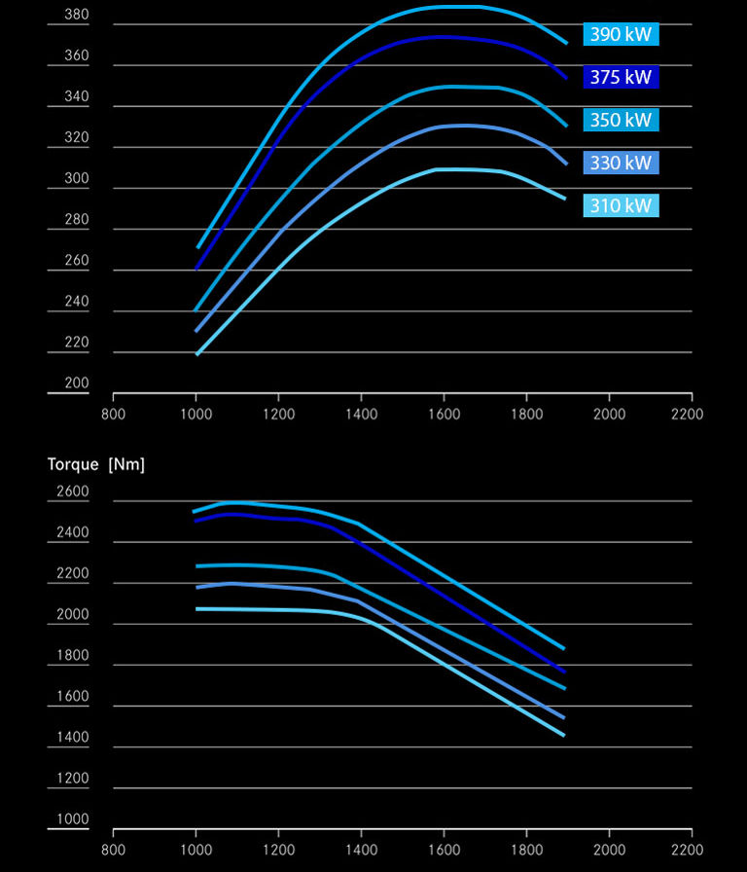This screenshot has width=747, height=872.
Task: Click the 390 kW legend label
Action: [621, 34]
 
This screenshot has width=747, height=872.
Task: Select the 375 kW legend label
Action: [621, 77]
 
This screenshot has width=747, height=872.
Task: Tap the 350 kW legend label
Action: [621, 120]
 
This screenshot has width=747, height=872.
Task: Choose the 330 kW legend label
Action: [621, 163]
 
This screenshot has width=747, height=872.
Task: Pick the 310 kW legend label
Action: [621, 205]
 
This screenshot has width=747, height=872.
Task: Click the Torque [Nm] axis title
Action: [96, 464]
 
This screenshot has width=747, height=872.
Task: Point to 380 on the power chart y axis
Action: [76, 15]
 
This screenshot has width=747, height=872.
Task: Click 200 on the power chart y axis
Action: [76, 383]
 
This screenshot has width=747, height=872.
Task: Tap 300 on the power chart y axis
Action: [76, 179]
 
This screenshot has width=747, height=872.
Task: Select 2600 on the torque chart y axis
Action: [72, 491]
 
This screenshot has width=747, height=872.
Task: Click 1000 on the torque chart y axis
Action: [72, 819]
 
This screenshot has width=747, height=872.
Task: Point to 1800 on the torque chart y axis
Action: [72, 656]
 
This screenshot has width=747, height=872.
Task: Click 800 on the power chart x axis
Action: [114, 414]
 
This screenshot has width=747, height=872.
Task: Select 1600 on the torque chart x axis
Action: [445, 849]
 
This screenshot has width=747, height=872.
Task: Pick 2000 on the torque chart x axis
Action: [609, 849]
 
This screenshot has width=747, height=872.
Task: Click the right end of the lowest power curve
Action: [565, 199]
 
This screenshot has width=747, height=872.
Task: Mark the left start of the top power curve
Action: [198, 247]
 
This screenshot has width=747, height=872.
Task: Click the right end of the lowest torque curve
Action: [564, 735]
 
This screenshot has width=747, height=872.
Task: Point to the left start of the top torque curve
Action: [195, 511]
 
